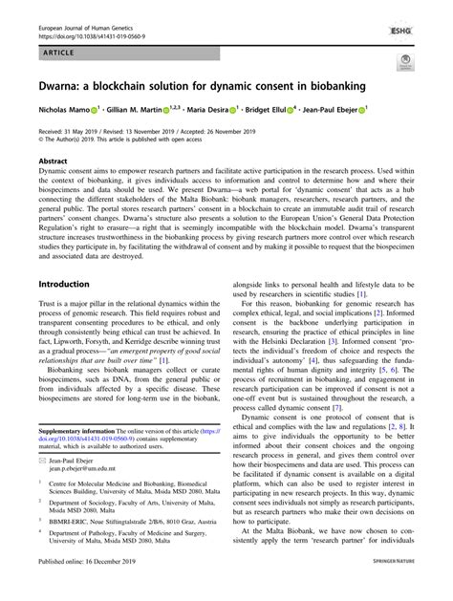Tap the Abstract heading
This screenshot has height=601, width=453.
[x=52, y=161]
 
